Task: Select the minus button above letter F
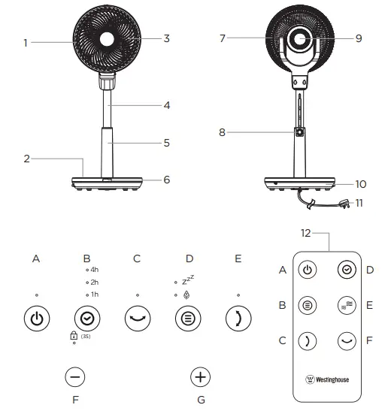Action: (x=75, y=376)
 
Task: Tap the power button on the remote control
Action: (x=307, y=269)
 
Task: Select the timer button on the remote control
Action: (x=347, y=269)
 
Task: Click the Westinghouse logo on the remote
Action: (x=326, y=379)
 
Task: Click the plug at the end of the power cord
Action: (x=347, y=202)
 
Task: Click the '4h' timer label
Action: (x=94, y=269)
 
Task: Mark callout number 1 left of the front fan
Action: (x=25, y=43)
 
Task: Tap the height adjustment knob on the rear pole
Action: (x=299, y=132)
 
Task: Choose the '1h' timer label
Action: (x=94, y=294)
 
